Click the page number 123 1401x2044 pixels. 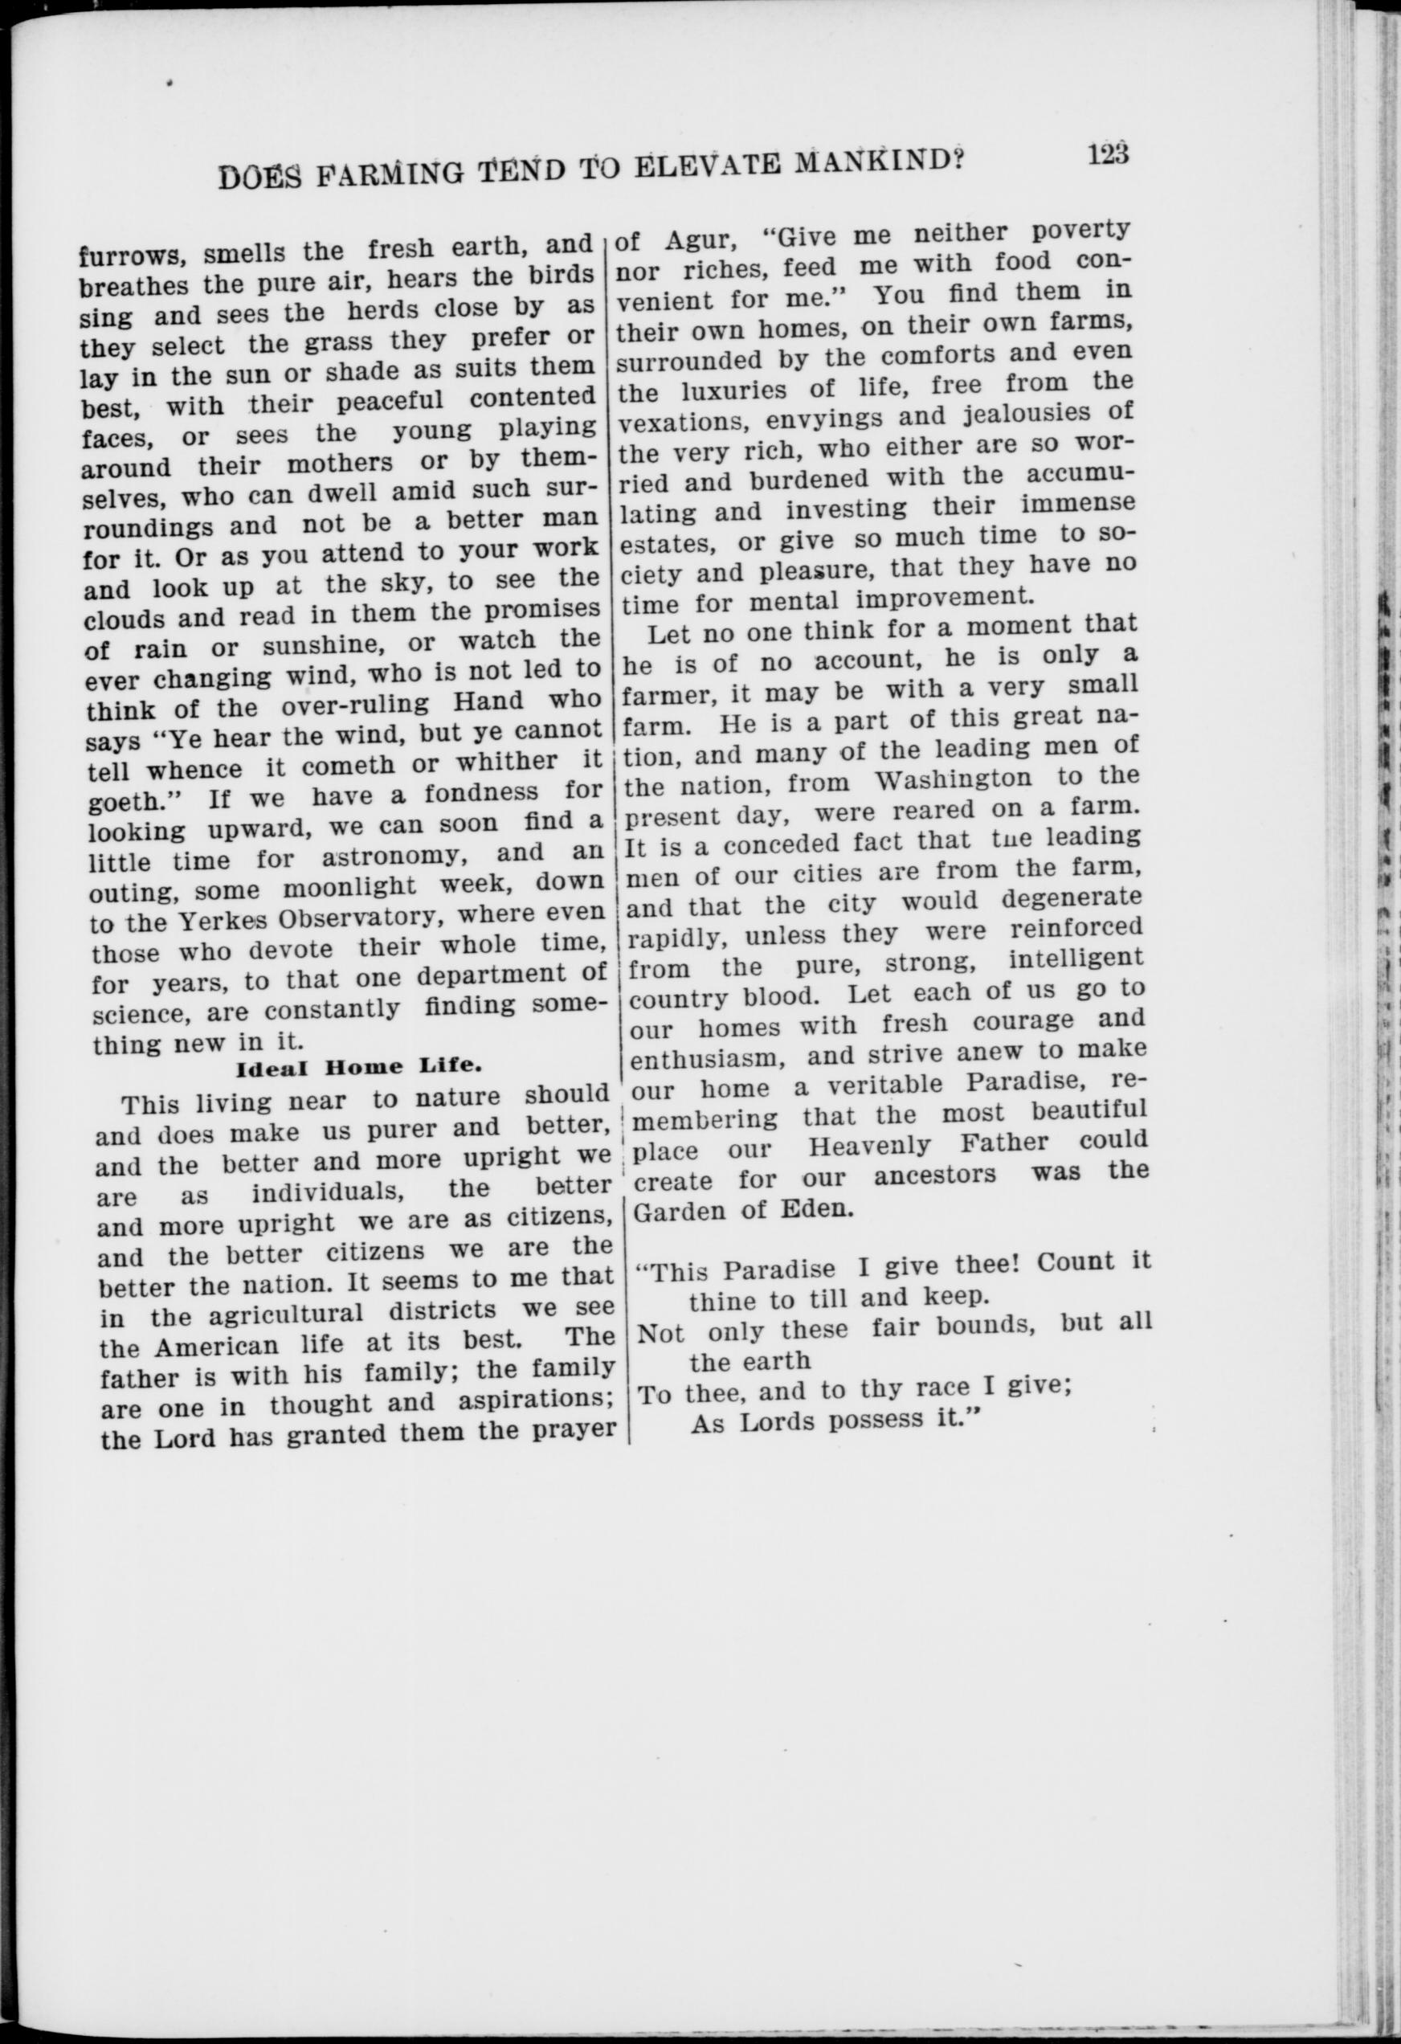[1106, 155]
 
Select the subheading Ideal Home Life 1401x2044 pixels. [359, 1068]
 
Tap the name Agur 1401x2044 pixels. [699, 239]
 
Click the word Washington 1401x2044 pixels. [954, 780]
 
